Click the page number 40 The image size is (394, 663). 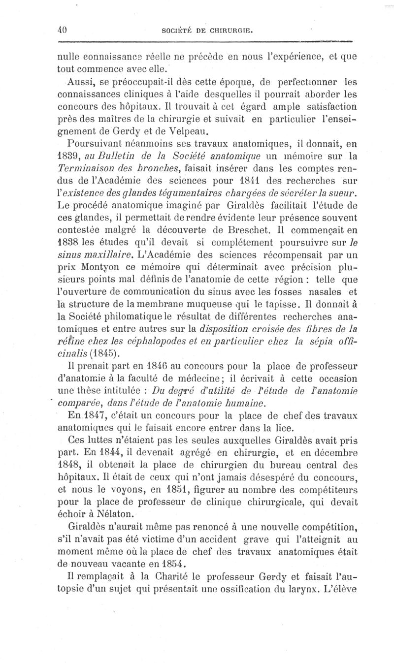[x=62, y=29]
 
